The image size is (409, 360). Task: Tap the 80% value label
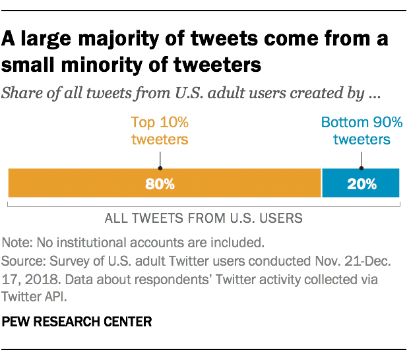(160, 184)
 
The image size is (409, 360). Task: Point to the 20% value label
(361, 184)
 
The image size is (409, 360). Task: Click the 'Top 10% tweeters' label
(160, 131)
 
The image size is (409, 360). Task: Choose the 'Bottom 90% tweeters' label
(361, 131)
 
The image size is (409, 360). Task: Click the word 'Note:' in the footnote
(16, 241)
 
